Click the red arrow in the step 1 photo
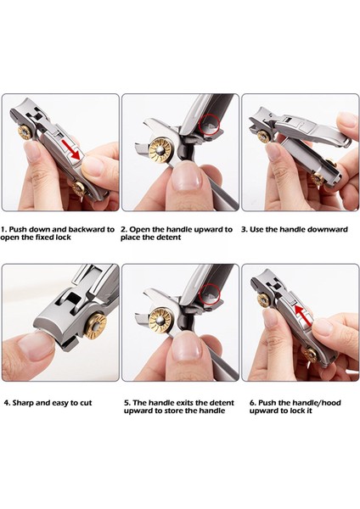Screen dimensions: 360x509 coord(72,148)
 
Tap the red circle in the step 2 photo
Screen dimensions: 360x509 coord(210,125)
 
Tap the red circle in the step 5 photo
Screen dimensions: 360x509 coord(211,294)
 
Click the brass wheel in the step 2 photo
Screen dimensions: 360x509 coord(160,152)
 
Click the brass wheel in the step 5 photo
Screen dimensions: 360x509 coord(160,321)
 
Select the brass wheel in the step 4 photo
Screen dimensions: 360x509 coord(96,327)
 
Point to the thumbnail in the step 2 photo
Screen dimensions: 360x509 coord(187,177)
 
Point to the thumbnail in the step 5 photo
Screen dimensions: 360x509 coord(187,346)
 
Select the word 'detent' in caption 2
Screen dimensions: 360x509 coord(169,238)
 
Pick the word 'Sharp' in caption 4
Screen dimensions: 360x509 coord(23,403)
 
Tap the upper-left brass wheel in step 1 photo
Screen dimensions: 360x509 coord(25,132)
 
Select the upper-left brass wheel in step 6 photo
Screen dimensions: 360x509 coord(264,300)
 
